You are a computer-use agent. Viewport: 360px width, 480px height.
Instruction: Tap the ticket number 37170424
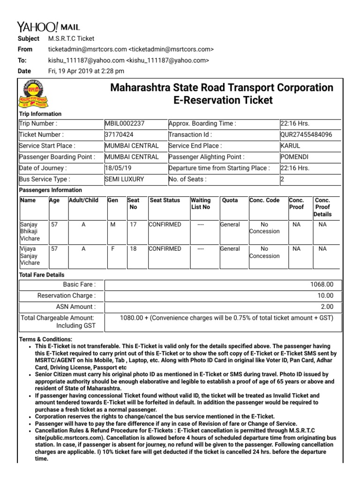(x=119, y=135)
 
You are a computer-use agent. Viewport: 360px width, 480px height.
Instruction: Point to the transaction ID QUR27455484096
(x=306, y=135)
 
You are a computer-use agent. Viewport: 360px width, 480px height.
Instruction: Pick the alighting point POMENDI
(x=294, y=157)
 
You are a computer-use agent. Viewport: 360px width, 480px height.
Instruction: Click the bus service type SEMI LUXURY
(x=124, y=179)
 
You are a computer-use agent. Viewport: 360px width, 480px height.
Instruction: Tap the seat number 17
(x=133, y=225)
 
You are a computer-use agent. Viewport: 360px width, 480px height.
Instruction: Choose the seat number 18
(x=133, y=249)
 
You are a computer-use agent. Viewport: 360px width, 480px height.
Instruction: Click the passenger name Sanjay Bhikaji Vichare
(x=30, y=231)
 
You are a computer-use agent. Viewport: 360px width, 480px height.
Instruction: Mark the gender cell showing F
(x=112, y=249)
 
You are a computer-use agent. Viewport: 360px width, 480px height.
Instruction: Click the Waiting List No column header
(x=201, y=203)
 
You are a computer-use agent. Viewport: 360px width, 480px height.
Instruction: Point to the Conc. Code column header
(x=264, y=200)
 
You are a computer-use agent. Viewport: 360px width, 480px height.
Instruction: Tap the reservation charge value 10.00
(x=325, y=295)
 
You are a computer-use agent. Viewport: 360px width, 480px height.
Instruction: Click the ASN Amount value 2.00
(x=327, y=307)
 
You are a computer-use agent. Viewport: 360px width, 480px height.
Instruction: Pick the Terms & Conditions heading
(x=45, y=339)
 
